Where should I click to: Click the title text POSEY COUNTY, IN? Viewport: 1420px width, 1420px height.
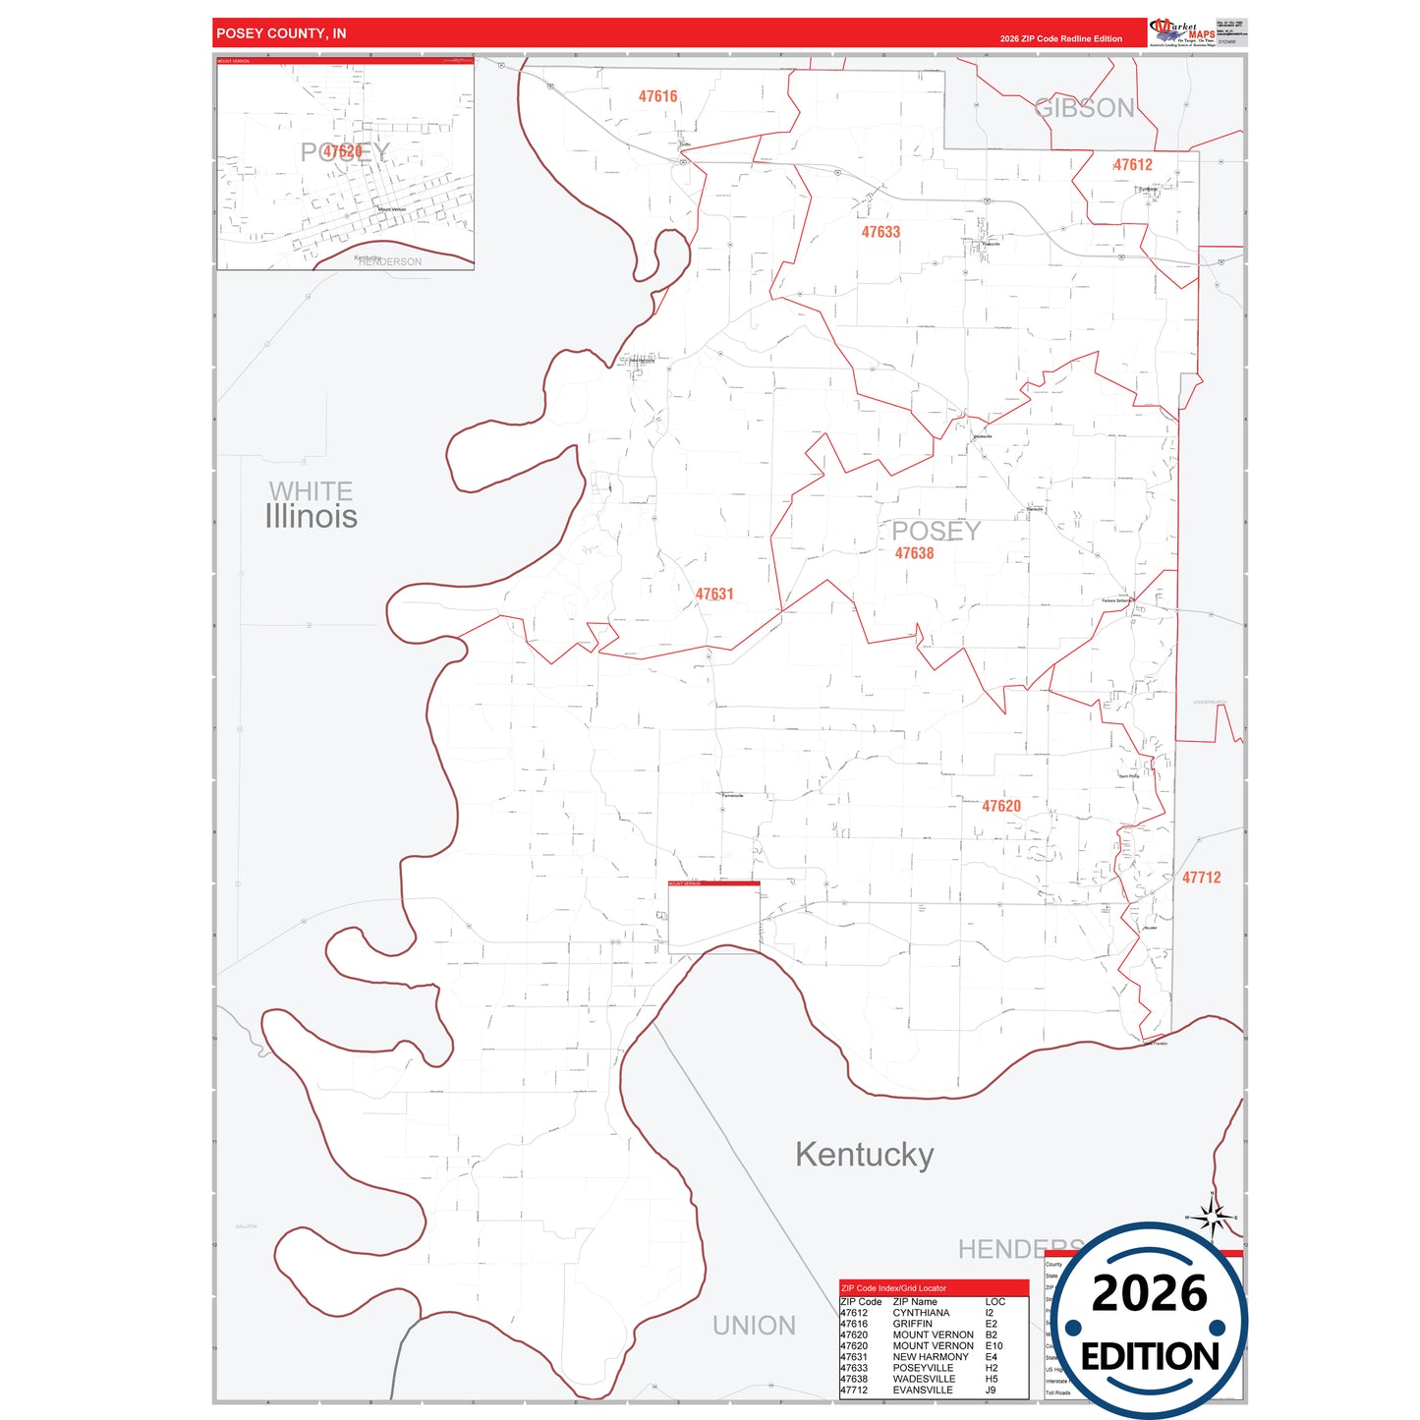[281, 33]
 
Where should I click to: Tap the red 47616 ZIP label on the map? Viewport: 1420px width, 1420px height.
[657, 96]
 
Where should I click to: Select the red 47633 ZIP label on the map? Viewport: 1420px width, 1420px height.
[880, 232]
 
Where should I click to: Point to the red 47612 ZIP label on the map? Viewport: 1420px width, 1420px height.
[1132, 165]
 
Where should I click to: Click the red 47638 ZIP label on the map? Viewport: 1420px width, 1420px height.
[914, 553]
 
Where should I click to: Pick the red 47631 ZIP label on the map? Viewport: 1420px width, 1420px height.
[714, 595]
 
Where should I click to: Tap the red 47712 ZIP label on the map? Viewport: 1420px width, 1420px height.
[1201, 878]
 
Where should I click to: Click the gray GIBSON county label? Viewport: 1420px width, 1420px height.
[1084, 108]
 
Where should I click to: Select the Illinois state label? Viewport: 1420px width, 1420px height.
[311, 517]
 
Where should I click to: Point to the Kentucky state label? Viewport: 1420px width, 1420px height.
[864, 1155]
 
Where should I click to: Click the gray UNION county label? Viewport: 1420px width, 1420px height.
[754, 1326]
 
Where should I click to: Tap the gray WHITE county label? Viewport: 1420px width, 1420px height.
[311, 490]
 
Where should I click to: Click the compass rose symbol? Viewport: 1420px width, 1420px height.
[1213, 1219]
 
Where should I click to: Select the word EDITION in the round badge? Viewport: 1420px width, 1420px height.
[1150, 1357]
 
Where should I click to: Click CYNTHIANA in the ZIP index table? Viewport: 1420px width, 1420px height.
[921, 1313]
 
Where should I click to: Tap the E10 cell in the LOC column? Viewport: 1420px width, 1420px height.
[994, 1346]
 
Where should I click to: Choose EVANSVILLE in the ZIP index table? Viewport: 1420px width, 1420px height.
[922, 1391]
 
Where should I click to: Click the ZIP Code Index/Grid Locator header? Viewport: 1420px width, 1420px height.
[893, 1288]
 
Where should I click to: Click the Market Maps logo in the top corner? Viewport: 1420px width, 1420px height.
[1182, 32]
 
